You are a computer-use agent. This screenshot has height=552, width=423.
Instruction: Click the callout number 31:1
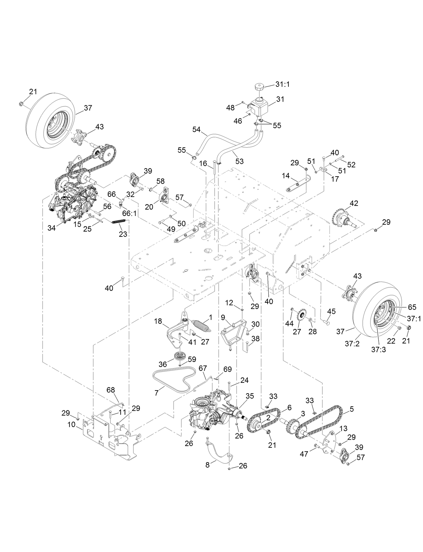pos(282,85)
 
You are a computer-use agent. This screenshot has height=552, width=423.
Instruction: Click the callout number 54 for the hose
pos(196,130)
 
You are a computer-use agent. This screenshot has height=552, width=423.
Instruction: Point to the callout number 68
pos(111,390)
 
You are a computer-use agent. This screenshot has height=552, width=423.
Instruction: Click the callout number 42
pos(354,203)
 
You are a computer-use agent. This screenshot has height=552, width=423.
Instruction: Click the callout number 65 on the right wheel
pos(412,307)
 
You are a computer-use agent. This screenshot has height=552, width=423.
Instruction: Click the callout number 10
pos(72,425)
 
